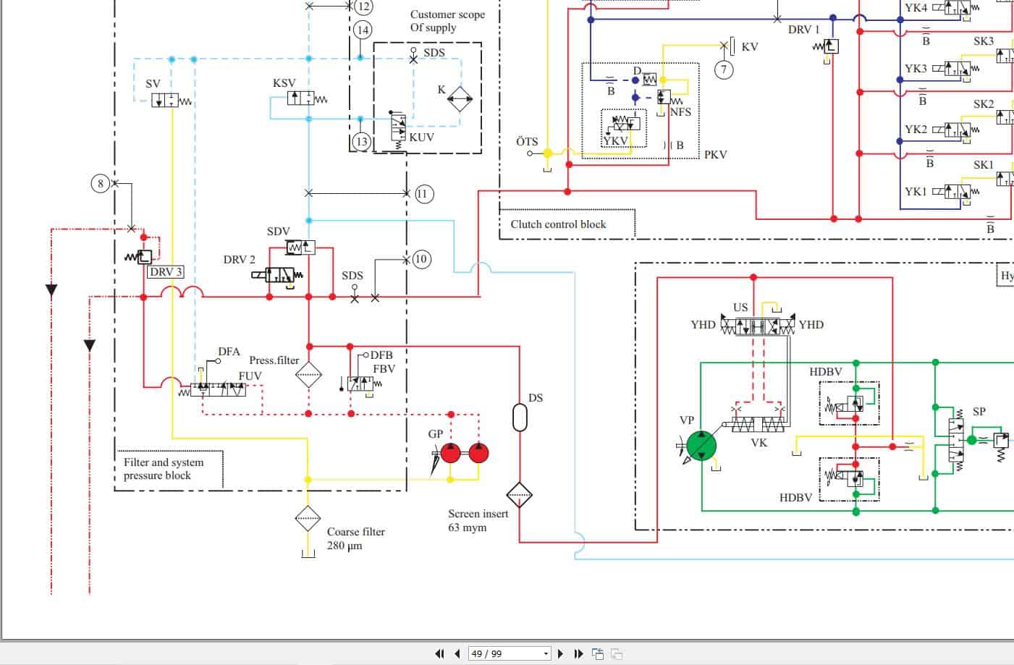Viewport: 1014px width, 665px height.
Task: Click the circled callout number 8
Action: tap(101, 184)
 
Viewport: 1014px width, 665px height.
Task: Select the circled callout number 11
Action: tap(424, 194)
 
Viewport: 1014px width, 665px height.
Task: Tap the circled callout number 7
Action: tap(724, 69)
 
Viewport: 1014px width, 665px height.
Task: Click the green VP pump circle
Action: tap(701, 446)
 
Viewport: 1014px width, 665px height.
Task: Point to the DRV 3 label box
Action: tap(166, 272)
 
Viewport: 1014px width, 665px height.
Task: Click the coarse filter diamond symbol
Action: tap(308, 519)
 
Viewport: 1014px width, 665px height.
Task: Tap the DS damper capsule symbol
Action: tap(520, 418)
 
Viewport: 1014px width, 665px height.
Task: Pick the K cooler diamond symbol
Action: tap(460, 98)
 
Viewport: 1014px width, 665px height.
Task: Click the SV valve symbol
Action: tap(165, 101)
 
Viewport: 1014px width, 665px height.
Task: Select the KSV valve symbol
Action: tap(300, 98)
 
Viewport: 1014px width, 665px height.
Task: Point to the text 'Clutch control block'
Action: tap(558, 224)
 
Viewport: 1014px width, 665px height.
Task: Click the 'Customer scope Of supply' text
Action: tap(447, 21)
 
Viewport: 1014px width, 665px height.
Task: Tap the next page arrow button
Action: tap(559, 653)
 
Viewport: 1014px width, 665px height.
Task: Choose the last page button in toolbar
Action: tap(578, 653)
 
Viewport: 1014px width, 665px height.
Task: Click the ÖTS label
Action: tap(527, 142)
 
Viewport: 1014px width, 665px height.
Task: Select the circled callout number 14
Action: tap(363, 30)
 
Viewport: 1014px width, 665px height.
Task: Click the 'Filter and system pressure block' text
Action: tap(164, 469)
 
